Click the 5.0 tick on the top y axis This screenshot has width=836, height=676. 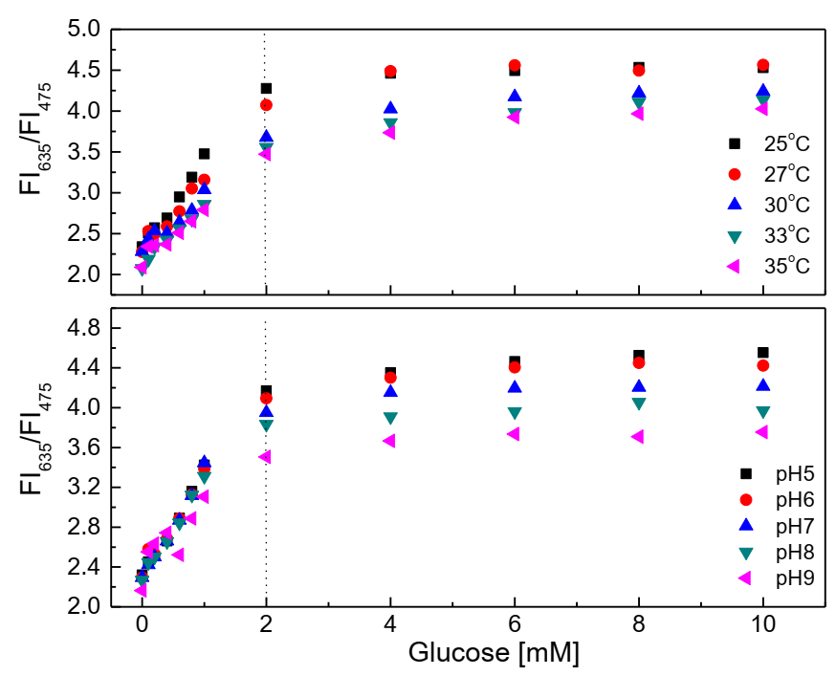[x=84, y=30]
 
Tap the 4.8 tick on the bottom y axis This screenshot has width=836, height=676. [x=84, y=329]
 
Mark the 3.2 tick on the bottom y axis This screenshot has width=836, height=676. [x=84, y=488]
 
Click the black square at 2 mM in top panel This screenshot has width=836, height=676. [x=266, y=88]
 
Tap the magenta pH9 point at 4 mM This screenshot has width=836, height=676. [x=389, y=441]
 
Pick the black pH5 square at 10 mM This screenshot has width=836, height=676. [x=763, y=353]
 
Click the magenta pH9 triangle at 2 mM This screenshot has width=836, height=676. [x=265, y=457]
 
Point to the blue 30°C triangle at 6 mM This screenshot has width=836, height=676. [x=515, y=96]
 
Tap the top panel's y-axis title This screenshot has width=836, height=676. [x=34, y=153]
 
